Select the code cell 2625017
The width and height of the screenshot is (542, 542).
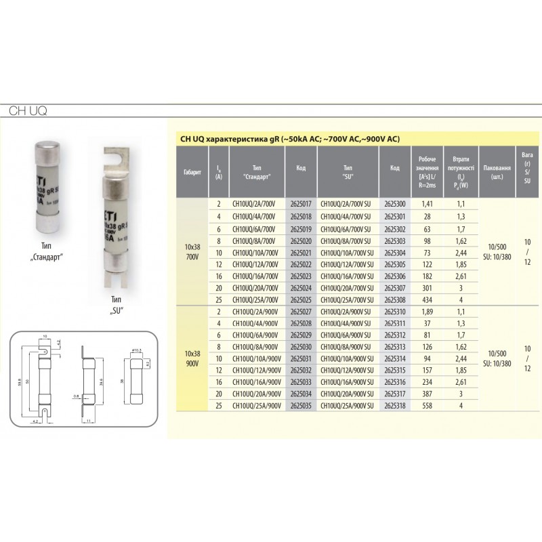pos(300,203)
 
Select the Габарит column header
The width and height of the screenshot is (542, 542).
pos(192,173)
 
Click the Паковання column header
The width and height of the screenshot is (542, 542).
pos(498,173)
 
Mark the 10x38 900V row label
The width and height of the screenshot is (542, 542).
pos(192,358)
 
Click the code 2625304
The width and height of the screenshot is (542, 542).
pos(395,251)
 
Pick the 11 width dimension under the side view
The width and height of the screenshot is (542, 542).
pos(89,421)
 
